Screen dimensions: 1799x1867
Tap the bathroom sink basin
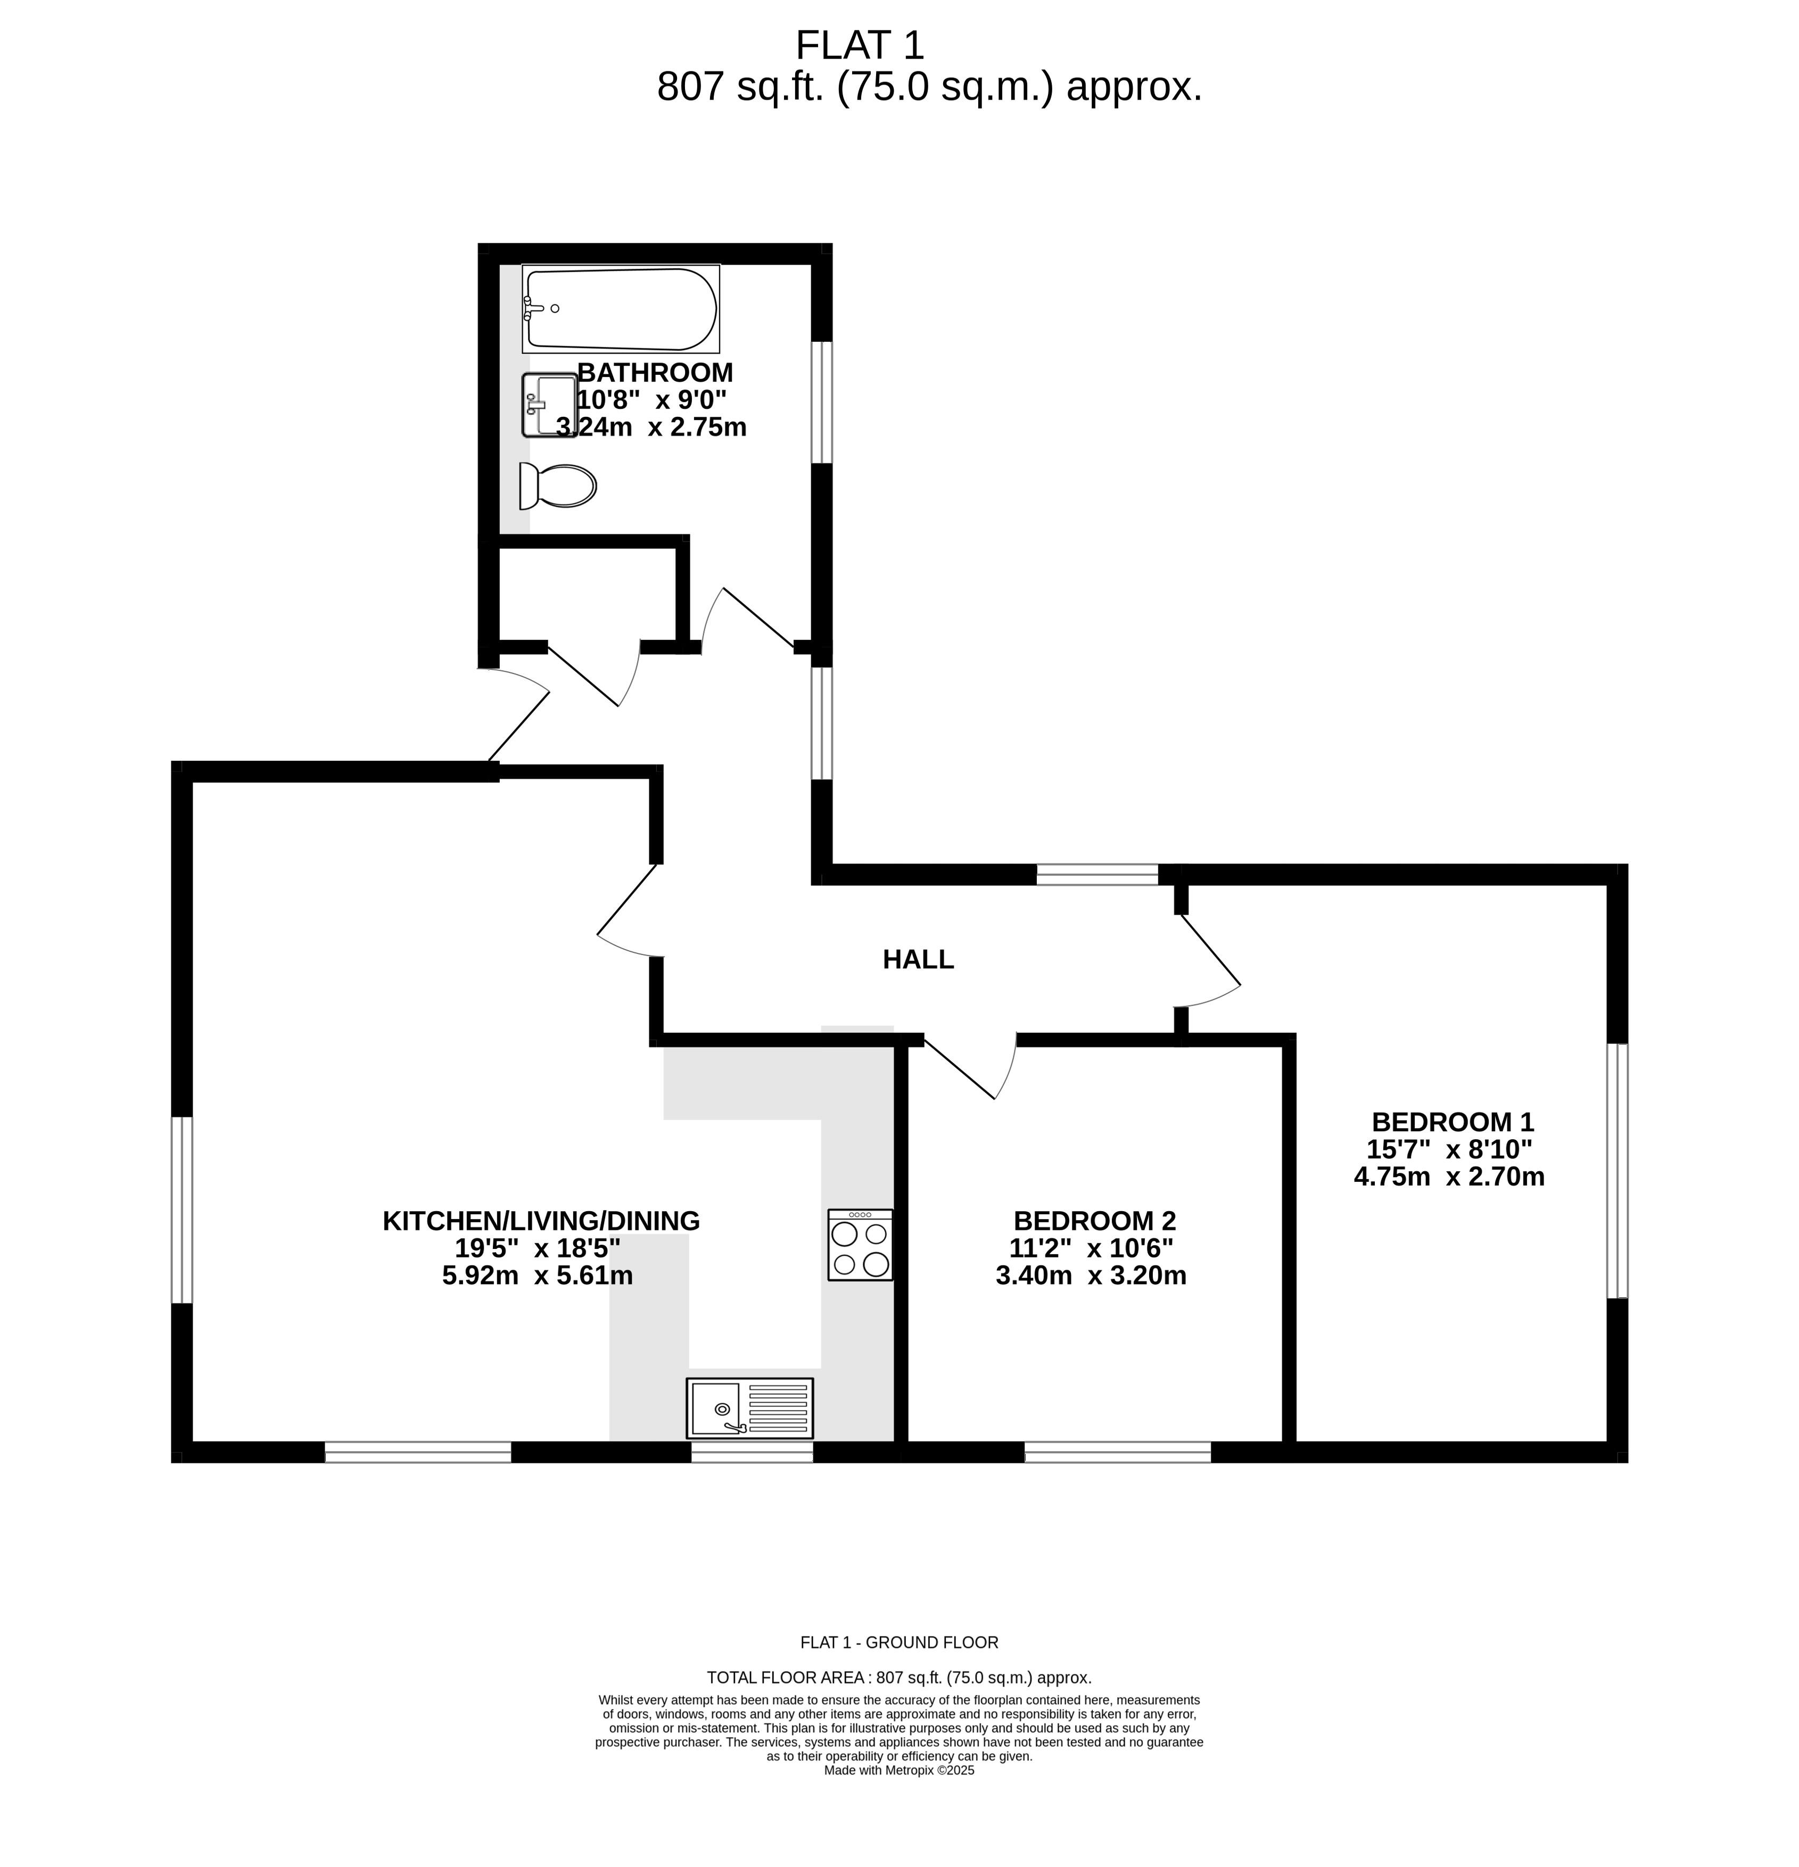pyautogui.click(x=549, y=405)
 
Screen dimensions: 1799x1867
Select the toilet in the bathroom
pyautogui.click(x=557, y=486)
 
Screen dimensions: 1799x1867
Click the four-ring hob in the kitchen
pyautogui.click(x=860, y=1244)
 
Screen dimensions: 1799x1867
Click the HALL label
pyautogui.click(x=918, y=959)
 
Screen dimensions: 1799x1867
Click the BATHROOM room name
pyautogui.click(x=655, y=372)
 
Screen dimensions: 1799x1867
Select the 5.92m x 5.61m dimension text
pyautogui.click(x=537, y=1276)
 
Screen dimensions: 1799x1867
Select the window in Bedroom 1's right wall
pyautogui.click(x=1617, y=1171)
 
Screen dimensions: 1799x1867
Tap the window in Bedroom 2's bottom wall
pyautogui.click(x=1117, y=1452)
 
